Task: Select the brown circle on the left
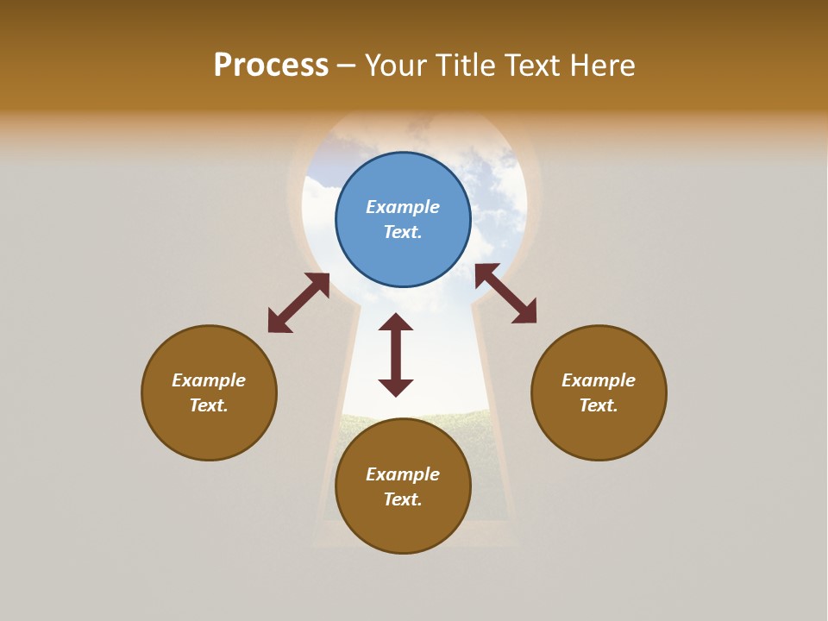coord(209,431)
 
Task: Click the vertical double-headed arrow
coord(396,355)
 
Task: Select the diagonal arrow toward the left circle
coord(298,303)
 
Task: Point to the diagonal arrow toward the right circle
coord(506,293)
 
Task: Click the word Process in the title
coord(271,66)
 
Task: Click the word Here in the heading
coord(602,66)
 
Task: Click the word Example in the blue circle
coord(403,207)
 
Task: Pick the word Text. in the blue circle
coord(403,232)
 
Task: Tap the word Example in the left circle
coord(209,380)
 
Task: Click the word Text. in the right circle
coord(599,405)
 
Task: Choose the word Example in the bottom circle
coord(403,474)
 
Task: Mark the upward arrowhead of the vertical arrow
coord(396,323)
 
